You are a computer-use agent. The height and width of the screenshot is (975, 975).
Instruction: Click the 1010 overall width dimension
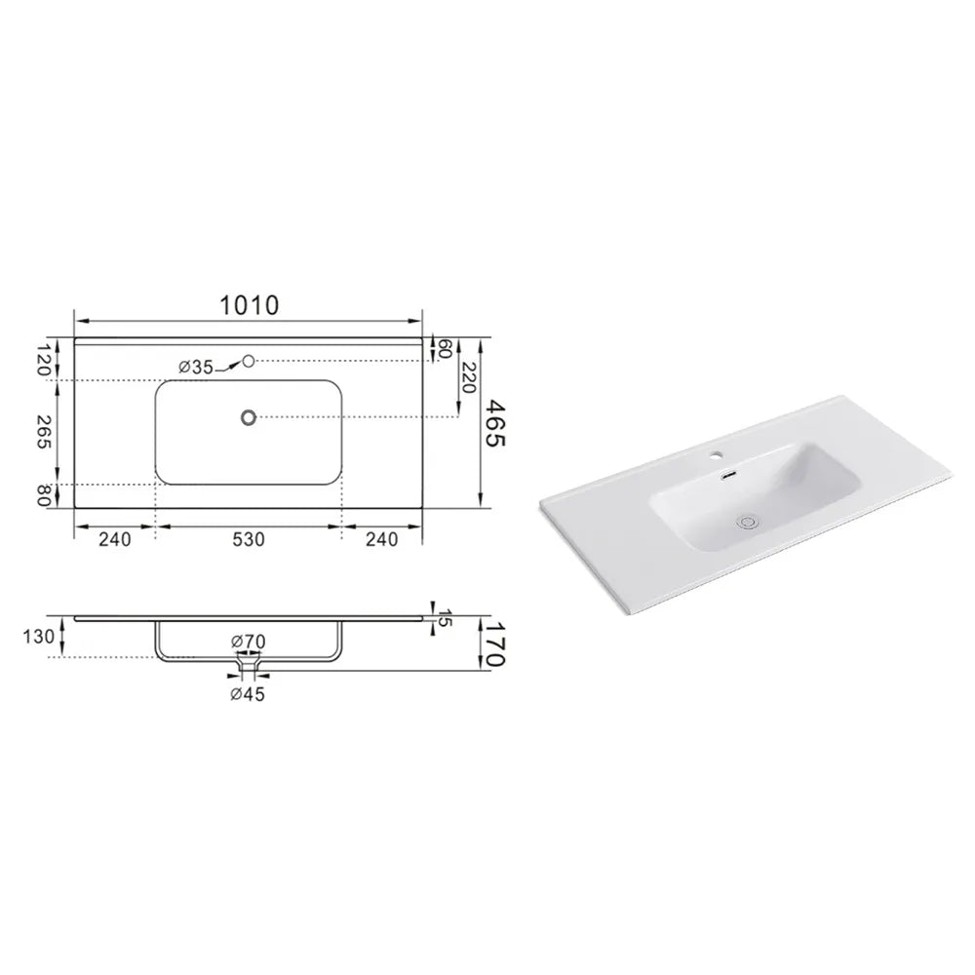click(x=250, y=305)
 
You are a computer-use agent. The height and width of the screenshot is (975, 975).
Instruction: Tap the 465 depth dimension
click(x=495, y=423)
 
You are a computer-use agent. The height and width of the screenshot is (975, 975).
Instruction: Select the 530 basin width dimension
click(x=249, y=539)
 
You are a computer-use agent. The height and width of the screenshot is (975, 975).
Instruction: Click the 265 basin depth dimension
click(x=44, y=432)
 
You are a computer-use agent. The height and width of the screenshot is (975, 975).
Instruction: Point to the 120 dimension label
click(x=44, y=360)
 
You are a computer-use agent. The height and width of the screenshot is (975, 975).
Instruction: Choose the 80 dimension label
click(x=44, y=495)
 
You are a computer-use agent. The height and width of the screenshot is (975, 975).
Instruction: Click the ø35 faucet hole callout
click(x=196, y=368)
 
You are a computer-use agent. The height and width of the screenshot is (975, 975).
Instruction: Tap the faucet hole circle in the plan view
click(x=249, y=360)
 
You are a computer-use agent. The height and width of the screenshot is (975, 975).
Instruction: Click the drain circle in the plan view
click(x=249, y=417)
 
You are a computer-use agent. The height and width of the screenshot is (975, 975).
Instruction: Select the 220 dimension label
click(x=468, y=377)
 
